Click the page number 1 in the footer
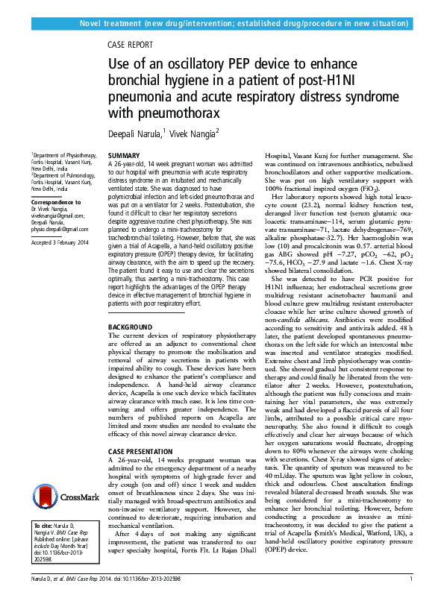(x=412, y=579)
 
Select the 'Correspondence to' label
(x=55, y=202)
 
